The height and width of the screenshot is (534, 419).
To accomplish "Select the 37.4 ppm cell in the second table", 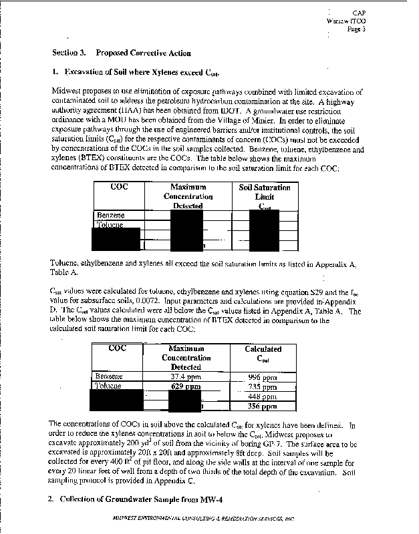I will tap(185, 377).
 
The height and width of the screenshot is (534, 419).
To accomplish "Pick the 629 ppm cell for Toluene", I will tap(185, 386).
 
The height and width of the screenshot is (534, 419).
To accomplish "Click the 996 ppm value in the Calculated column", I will tap(262, 377).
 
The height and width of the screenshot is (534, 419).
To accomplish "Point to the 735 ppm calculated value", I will tap(262, 386).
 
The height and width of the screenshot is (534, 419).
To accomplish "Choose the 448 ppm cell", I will tap(262, 396).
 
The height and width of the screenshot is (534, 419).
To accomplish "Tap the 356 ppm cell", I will tap(262, 406).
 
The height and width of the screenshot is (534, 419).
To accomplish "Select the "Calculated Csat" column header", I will tap(263, 354).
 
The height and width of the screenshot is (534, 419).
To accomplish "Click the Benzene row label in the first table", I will tap(111, 216).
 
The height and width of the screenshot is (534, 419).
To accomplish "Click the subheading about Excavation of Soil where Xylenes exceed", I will tap(139, 71).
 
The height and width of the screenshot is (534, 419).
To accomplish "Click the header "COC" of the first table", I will tap(119, 188).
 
